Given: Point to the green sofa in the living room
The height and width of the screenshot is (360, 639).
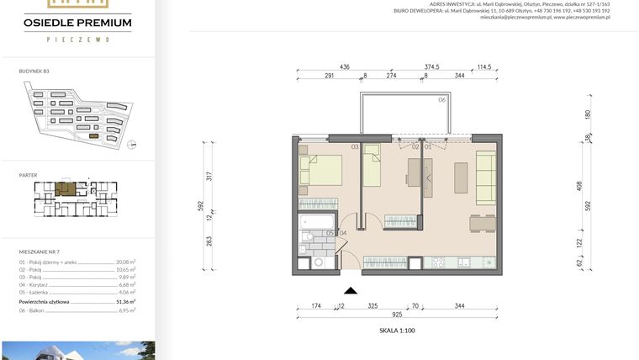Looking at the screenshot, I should [485, 176].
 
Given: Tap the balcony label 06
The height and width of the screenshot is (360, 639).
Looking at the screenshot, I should [441, 100].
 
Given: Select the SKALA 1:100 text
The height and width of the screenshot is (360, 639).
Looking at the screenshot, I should [398, 331].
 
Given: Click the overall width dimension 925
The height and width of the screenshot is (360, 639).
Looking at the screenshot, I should [397, 313].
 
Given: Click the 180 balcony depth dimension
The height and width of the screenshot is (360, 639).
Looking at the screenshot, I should [588, 114].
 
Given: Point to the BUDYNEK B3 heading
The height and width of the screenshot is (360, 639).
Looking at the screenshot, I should [34, 72].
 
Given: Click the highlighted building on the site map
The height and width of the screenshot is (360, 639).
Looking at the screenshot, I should [93, 135].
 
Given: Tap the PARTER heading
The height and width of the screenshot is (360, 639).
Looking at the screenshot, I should [28, 175].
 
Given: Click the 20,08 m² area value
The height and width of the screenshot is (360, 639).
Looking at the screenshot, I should [125, 262].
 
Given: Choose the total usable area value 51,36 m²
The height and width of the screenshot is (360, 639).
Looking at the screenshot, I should [125, 300].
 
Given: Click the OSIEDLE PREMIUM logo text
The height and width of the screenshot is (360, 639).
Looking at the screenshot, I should [77, 23].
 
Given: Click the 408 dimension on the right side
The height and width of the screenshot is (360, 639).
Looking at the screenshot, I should [578, 185].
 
